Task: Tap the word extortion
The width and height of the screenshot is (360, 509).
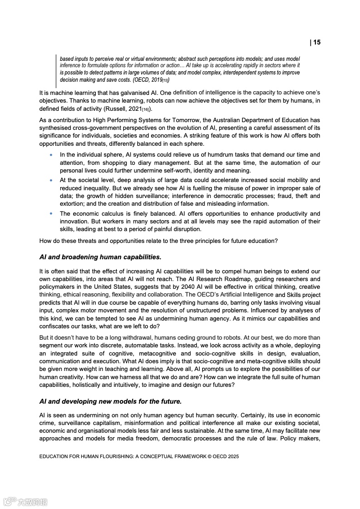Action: coord(73,204)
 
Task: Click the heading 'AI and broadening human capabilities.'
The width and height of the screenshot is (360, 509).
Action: coord(100,257)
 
